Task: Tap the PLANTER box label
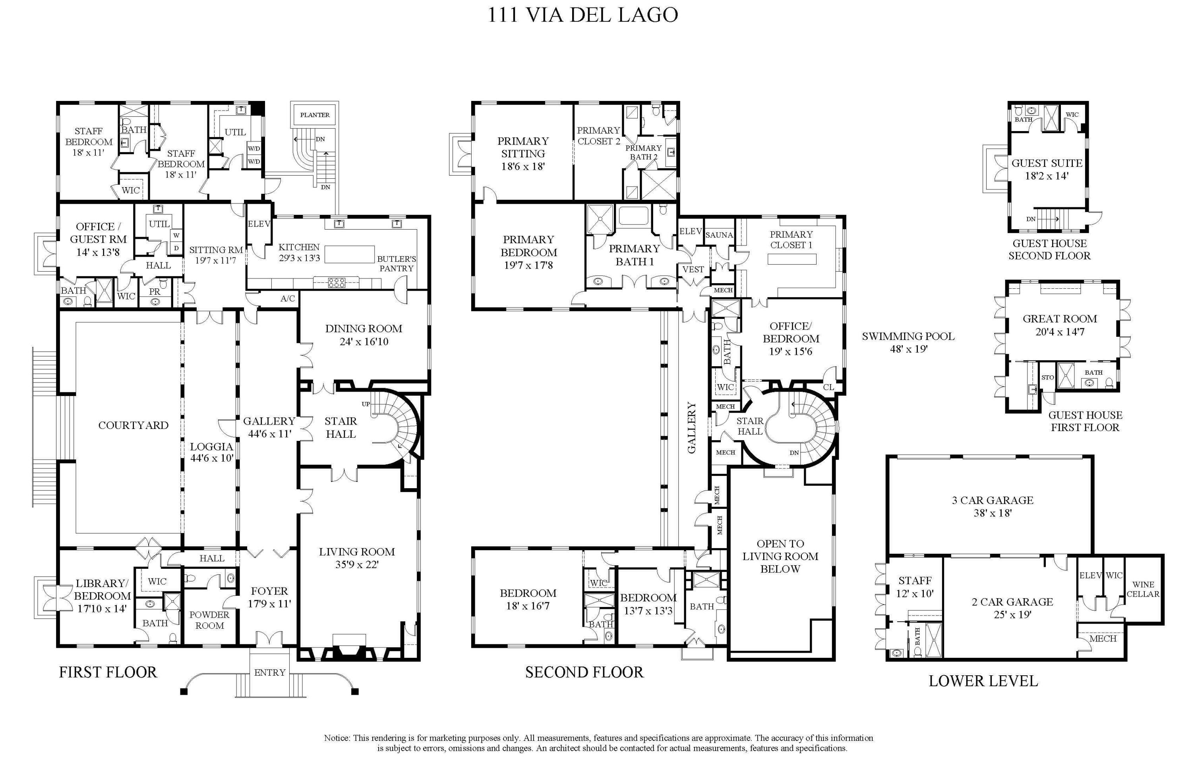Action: (x=315, y=115)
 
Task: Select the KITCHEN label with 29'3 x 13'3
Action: (x=299, y=252)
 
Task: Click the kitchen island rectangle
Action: (x=350, y=254)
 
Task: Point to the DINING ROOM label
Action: (x=363, y=329)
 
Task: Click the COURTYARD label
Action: (x=133, y=425)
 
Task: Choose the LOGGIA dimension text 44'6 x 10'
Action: (x=211, y=458)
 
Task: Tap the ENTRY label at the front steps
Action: (x=269, y=672)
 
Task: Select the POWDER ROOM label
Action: (x=209, y=620)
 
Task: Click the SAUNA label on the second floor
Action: (x=719, y=235)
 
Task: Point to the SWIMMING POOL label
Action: (x=908, y=336)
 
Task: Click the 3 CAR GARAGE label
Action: (x=992, y=500)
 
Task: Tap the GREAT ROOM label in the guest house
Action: (x=1059, y=319)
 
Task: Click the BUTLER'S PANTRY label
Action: (x=396, y=263)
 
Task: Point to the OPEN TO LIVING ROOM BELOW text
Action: (x=780, y=556)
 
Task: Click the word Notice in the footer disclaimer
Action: (x=337, y=738)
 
